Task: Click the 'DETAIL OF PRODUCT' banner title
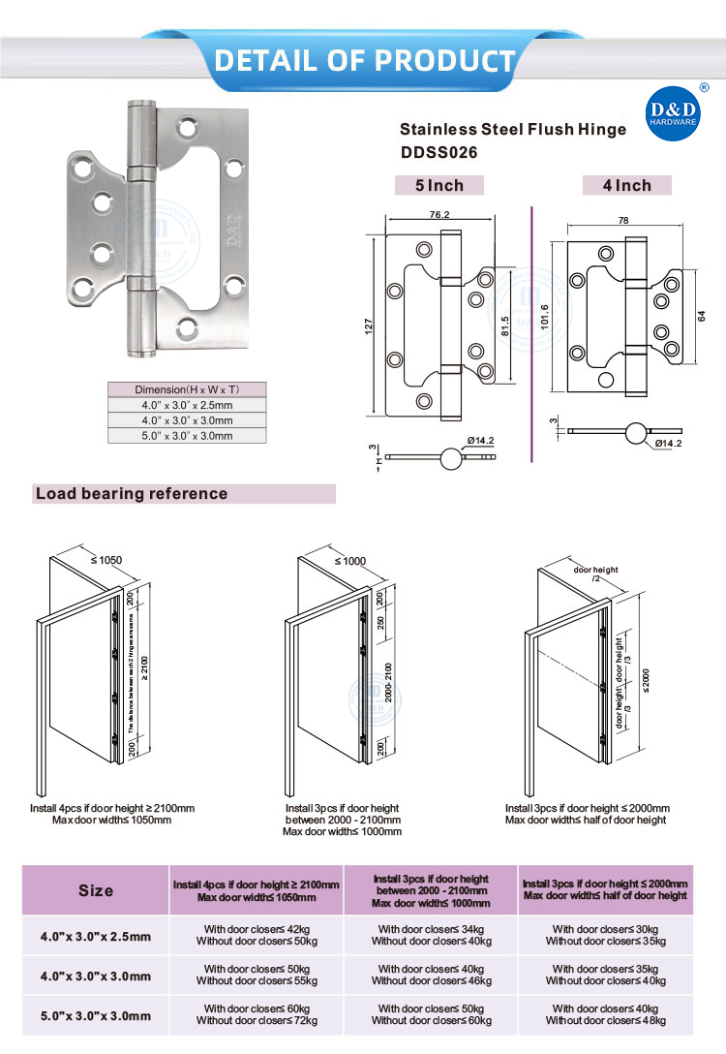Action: (364, 60)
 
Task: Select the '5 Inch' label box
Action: (439, 185)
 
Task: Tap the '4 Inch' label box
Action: (627, 185)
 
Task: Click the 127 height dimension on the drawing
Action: (369, 327)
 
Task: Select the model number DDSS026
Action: (439, 152)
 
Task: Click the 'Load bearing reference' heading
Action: (132, 494)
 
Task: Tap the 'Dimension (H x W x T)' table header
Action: (186, 389)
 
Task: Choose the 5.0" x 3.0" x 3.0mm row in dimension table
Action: (186, 436)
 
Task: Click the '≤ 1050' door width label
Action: (106, 560)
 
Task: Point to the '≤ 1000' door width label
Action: (350, 561)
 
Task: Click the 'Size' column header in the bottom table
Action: (96, 890)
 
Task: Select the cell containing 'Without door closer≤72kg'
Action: (257, 1019)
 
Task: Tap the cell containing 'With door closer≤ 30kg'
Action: (605, 928)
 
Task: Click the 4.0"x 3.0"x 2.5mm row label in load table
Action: (96, 936)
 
